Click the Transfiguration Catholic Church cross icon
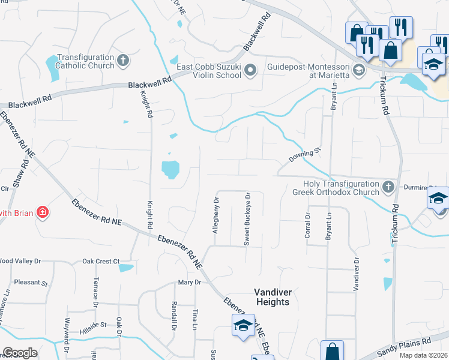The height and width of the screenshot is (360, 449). [x=123, y=60]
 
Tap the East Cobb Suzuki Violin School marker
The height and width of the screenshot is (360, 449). [x=252, y=71]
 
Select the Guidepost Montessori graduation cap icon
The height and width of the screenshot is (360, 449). [x=358, y=71]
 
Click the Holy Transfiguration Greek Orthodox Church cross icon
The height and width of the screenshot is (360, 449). [x=388, y=187]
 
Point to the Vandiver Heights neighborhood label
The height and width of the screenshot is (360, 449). [x=273, y=297]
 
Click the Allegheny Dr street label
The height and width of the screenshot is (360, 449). [x=216, y=214]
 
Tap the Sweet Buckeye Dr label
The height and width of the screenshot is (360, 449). [x=247, y=219]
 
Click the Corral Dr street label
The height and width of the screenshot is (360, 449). [x=307, y=226]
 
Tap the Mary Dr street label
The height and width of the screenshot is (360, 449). [x=188, y=283]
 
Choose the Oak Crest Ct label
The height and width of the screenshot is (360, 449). [x=100, y=261]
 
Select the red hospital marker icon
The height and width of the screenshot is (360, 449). [x=42, y=212]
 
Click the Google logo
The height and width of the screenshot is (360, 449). [x=20, y=353]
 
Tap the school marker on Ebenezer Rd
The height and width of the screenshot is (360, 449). [x=243, y=326]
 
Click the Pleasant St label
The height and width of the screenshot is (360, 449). [x=31, y=282]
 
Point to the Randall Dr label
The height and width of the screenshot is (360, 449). [x=174, y=316]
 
